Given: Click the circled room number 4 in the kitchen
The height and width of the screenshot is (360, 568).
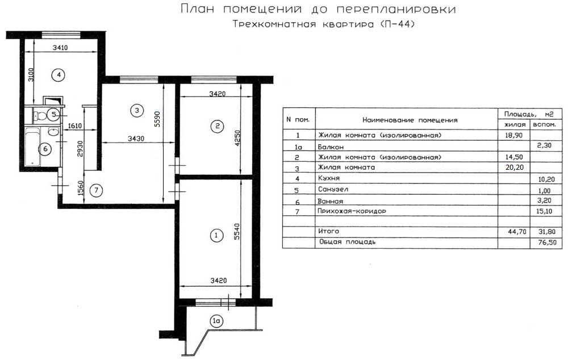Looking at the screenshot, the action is tap(59, 75).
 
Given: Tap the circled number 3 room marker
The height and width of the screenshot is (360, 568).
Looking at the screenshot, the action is tap(136, 110).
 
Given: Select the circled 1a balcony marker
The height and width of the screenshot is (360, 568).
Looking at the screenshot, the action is tap(216, 321).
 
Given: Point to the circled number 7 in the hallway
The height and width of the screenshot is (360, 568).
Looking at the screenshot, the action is tap(96, 190).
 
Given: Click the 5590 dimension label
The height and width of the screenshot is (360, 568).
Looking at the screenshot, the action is tap(157, 119).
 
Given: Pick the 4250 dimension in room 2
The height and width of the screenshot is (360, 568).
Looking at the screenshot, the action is tap(237, 138).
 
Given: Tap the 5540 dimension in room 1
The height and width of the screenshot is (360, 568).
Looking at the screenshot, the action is tap(237, 232).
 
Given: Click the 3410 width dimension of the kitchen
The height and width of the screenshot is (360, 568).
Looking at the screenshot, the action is tap(60, 48).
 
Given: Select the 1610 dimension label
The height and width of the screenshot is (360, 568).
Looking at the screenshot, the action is tap(75, 126).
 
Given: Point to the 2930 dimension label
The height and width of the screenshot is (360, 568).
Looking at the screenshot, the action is tap(81, 149).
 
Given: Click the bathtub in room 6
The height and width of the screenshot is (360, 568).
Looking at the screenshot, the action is tap(32, 146).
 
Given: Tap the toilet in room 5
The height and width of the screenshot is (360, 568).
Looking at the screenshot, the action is tap(40, 116).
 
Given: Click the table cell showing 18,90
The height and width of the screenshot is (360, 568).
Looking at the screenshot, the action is tap(513, 136).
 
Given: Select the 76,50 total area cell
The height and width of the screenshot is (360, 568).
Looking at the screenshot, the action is tap(547, 242).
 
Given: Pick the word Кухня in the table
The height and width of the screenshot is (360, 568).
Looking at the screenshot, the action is tap(328, 178).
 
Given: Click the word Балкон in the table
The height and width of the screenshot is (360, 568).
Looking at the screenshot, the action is tap(331, 147).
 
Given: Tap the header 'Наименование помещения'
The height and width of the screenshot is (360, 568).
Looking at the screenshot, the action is tap(410, 120).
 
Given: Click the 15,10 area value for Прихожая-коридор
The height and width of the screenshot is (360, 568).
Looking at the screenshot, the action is tap(544, 211).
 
